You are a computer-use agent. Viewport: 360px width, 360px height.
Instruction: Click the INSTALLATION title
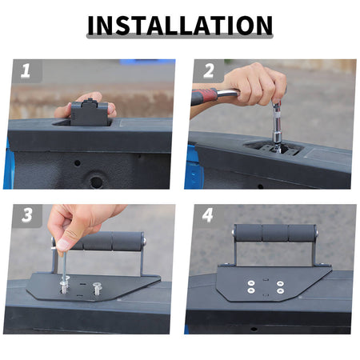180,25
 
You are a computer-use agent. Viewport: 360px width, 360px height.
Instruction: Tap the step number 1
26,70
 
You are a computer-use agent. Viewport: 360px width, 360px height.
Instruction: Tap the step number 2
209,71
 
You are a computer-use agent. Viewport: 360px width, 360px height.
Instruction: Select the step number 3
27,215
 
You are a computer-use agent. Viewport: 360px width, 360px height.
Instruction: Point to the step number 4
208,215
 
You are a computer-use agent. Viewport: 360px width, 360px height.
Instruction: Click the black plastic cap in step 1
90,112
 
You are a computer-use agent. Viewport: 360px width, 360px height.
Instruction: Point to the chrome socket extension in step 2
278,126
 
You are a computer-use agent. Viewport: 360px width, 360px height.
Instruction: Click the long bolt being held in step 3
64,270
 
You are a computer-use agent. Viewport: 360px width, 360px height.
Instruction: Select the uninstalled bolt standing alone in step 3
97,288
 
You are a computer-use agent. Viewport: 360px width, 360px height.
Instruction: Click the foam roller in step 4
274,233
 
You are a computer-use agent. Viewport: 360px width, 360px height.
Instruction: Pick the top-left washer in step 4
251,283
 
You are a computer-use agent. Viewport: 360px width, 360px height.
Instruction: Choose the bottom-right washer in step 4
280,290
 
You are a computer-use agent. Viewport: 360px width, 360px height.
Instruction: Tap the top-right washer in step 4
280,283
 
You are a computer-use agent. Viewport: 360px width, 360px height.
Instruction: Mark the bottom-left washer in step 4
251,290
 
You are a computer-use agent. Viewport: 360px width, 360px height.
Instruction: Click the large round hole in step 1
96,182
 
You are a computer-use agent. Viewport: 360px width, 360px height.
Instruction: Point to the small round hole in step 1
78,163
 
